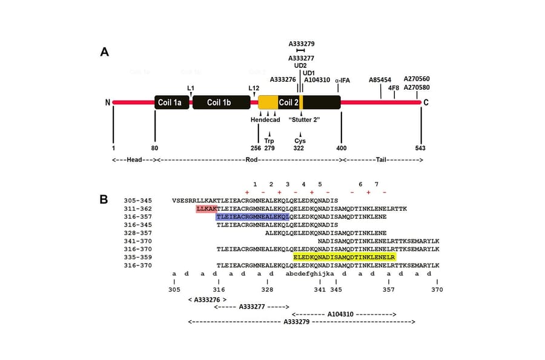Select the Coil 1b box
[x=219, y=102]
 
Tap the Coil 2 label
[x=288, y=102]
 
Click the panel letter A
[x=104, y=52]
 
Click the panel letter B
[x=104, y=199]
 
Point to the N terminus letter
[x=107, y=102]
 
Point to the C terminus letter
[x=426, y=102]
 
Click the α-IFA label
[x=343, y=80]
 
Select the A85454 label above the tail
[x=380, y=79]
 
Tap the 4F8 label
[x=394, y=87]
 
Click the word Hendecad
[x=266, y=119]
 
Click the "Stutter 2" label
[x=304, y=119]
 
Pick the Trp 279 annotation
[x=269, y=144]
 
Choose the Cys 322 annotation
[x=300, y=144]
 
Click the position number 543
[x=420, y=147]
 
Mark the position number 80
[x=155, y=147]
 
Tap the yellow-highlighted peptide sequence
[x=344, y=258]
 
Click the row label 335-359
[x=137, y=258]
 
